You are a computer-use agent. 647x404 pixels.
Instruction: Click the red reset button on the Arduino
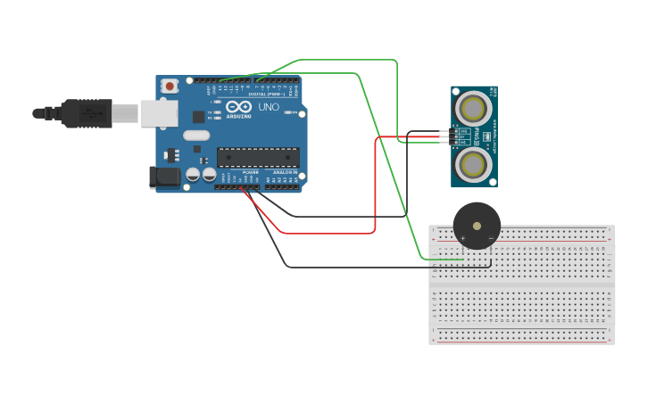click(170, 87)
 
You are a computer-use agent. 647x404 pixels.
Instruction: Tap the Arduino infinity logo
click(238, 107)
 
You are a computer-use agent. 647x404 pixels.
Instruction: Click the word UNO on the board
click(269, 107)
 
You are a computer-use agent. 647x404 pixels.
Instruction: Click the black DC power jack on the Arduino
click(164, 177)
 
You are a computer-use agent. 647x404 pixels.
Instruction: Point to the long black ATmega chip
click(258, 158)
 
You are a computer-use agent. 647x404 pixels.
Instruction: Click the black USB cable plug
click(87, 113)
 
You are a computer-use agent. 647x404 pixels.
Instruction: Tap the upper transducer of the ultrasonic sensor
click(472, 108)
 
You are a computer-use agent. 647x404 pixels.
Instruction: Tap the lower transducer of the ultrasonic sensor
click(472, 164)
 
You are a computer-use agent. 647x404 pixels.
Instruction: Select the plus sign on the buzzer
click(463, 238)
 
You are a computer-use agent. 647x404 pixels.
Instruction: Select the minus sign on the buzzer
click(490, 238)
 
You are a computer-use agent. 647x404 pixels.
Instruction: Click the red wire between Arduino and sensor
click(375, 187)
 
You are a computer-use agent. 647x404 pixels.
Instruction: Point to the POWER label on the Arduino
click(250, 172)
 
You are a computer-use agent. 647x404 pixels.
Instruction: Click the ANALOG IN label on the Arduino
click(285, 172)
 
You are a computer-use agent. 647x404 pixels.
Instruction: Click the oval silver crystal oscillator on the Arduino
click(196, 136)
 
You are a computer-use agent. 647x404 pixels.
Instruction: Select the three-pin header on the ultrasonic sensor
click(454, 136)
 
